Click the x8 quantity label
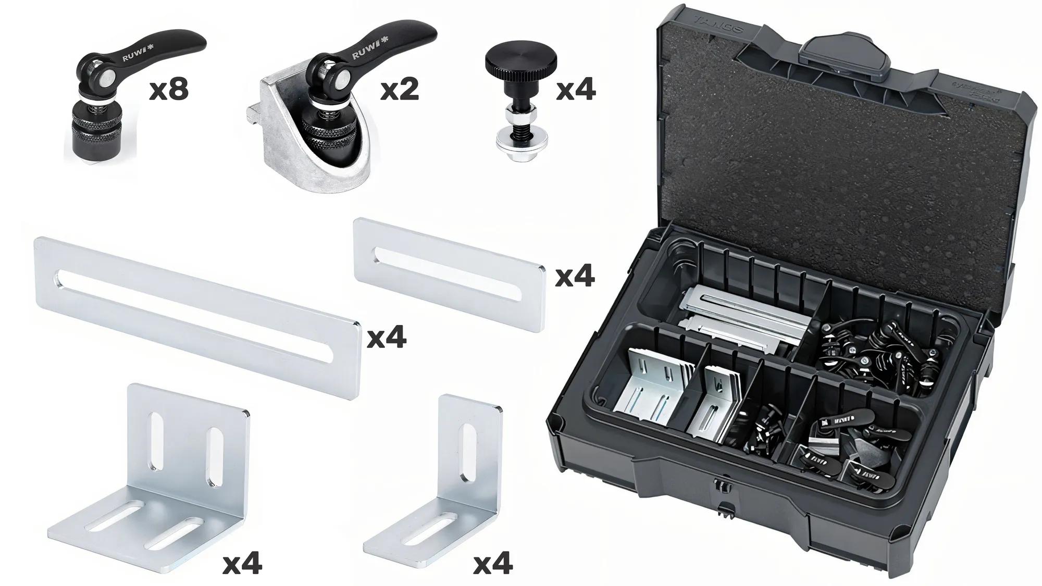tap(168, 90)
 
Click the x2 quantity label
tap(399, 90)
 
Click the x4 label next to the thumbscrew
tap(576, 90)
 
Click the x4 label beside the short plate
tap(575, 277)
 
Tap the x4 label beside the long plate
tap(386, 338)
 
